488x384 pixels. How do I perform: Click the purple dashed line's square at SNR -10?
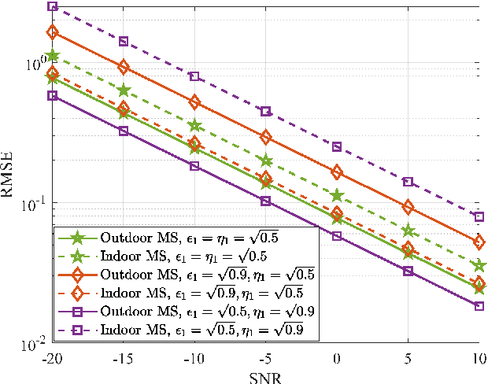point(194,76)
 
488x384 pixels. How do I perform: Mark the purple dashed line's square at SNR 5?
point(408,182)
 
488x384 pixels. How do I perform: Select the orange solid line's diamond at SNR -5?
point(266,137)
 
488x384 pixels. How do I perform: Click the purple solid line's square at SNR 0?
point(337,235)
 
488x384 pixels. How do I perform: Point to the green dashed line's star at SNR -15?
point(124,90)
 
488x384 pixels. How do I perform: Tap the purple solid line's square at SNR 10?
point(479,305)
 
